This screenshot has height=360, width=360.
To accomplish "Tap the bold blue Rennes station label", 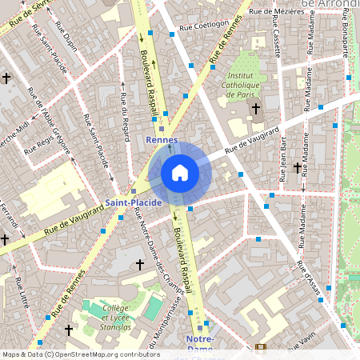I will coord(162,140).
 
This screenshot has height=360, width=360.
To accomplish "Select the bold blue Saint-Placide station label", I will coord(134,202).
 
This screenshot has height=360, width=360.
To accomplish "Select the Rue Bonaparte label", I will coord(346,32).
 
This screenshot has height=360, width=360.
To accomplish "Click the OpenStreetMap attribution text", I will coord(80,354).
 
